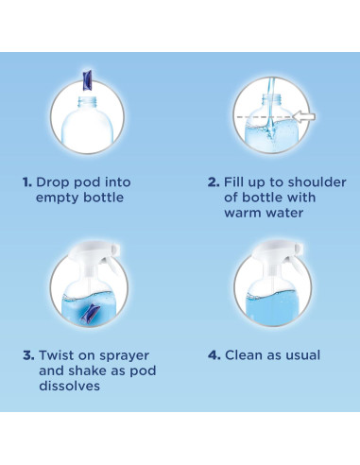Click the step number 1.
click(x=27, y=182)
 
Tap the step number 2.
click(x=214, y=182)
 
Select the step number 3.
click(x=28, y=355)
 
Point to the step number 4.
click(x=214, y=355)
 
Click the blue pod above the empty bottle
click(x=87, y=79)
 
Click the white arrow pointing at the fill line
click(x=304, y=116)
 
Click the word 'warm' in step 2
click(x=243, y=213)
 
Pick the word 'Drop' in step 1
click(x=53, y=182)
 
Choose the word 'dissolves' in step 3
click(x=69, y=386)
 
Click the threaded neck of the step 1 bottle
click(x=87, y=102)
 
